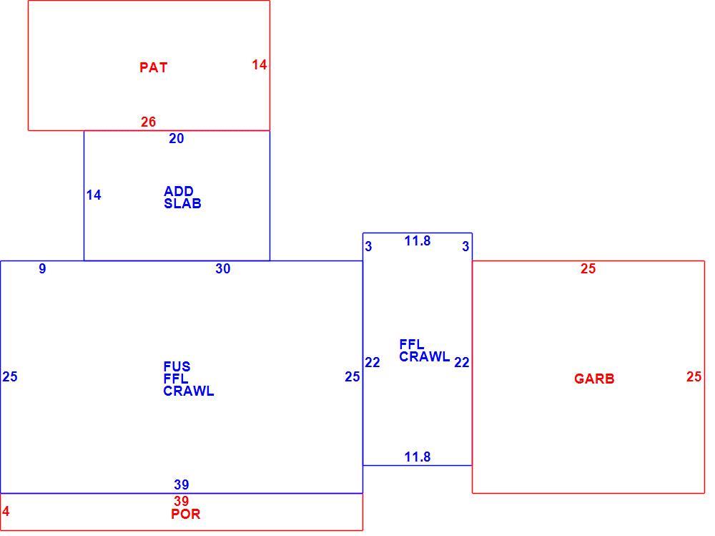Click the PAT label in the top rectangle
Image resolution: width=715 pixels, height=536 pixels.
coord(154,67)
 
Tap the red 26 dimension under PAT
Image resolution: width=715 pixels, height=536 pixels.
coord(148,122)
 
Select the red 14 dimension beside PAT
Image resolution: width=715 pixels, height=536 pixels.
coord(260,65)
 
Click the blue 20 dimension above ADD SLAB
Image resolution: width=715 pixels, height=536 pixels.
coord(177,138)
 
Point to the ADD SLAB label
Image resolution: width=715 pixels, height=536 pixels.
coord(182,198)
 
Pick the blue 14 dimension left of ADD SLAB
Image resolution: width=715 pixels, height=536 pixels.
coord(94,195)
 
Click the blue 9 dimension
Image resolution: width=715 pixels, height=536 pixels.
coord(42,268)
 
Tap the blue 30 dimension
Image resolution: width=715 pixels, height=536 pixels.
coord(223,268)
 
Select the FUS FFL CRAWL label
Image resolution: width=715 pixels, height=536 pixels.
coord(188,379)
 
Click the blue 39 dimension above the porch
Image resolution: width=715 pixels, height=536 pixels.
coord(182,484)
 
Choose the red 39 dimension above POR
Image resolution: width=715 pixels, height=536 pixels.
coord(182,500)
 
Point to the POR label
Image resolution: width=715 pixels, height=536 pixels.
coord(186,514)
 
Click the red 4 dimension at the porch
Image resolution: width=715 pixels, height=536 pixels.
coord(6,511)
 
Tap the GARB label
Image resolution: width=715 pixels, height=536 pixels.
coord(594,379)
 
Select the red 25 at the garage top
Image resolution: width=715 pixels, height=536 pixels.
coord(588,268)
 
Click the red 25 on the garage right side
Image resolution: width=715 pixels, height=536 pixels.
coord(694,376)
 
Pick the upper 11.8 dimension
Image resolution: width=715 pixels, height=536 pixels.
coord(418,240)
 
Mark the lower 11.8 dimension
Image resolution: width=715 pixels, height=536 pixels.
coord(418,457)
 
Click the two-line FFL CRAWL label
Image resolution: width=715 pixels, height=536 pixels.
coord(425,351)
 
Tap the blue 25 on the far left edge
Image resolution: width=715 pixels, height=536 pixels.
coord(10,376)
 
